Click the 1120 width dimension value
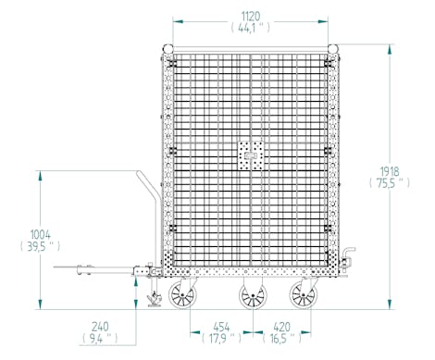[250, 16]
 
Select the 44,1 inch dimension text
[250, 29]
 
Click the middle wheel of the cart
[249, 297]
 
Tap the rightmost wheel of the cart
[302, 296]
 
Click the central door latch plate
[249, 155]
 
